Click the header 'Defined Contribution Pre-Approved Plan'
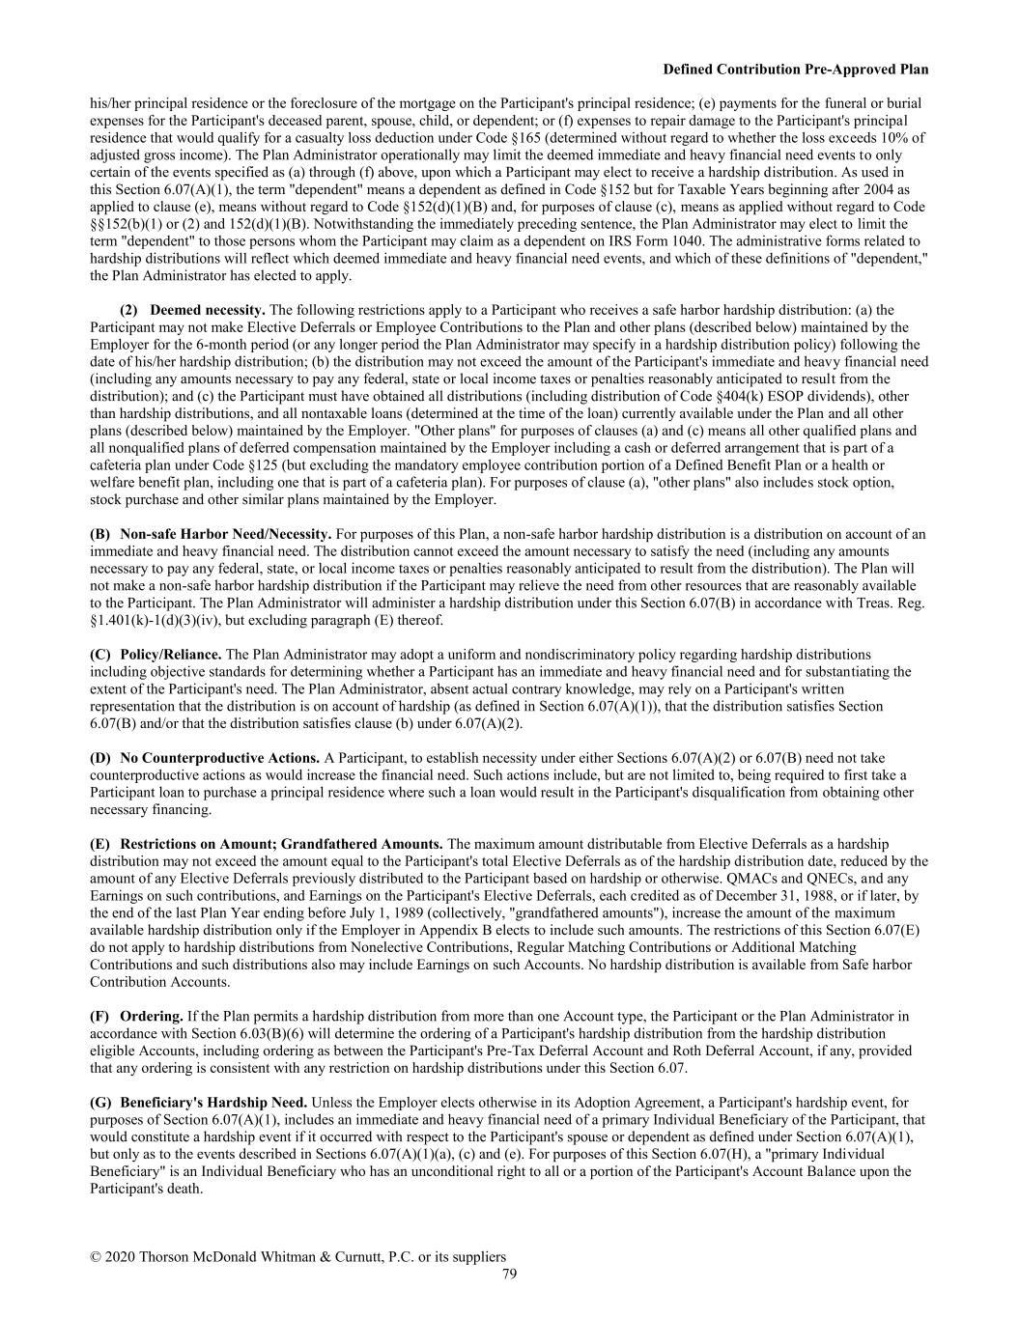click(x=795, y=70)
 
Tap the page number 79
click(x=509, y=1274)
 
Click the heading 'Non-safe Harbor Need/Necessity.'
click(x=226, y=534)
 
